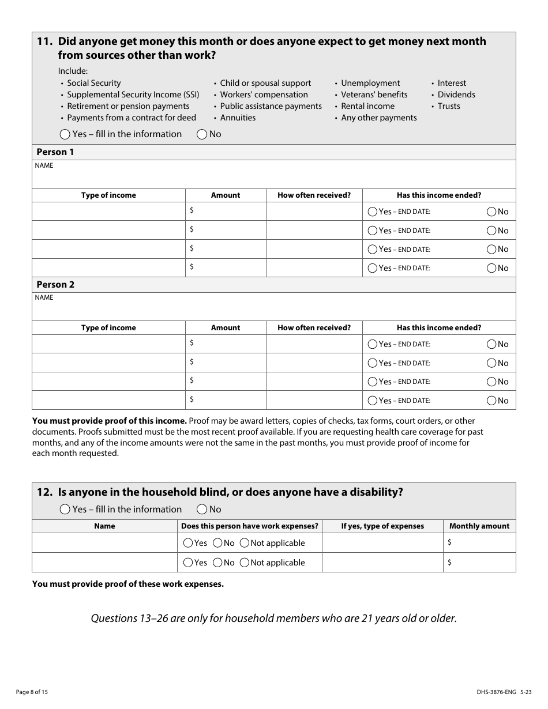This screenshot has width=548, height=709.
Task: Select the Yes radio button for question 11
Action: tap(65, 134)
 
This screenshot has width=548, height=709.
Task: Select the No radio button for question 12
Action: tap(202, 510)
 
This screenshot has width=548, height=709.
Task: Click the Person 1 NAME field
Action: tap(273, 178)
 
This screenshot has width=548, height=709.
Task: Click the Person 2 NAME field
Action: tap(273, 310)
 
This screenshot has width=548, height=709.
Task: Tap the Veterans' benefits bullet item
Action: tap(374, 95)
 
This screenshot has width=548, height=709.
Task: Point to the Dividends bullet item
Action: tap(456, 95)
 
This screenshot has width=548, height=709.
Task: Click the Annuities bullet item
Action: tap(238, 118)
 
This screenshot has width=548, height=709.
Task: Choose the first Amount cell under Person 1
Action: tap(226, 212)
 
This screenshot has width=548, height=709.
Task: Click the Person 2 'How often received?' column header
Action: tap(314, 328)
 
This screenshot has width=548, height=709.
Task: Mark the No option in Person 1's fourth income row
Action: tap(491, 268)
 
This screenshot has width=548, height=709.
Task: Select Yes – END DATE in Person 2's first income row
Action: tap(373, 344)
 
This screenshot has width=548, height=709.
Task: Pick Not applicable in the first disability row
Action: tap(245, 543)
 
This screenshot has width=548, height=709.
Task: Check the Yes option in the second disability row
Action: tap(188, 563)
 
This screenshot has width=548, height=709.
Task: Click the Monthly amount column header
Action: tap(479, 526)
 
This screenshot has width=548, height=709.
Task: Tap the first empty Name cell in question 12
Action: tap(104, 543)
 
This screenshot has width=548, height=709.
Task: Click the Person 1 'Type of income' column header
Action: tap(108, 195)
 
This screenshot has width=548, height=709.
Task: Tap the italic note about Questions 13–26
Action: tap(273, 619)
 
